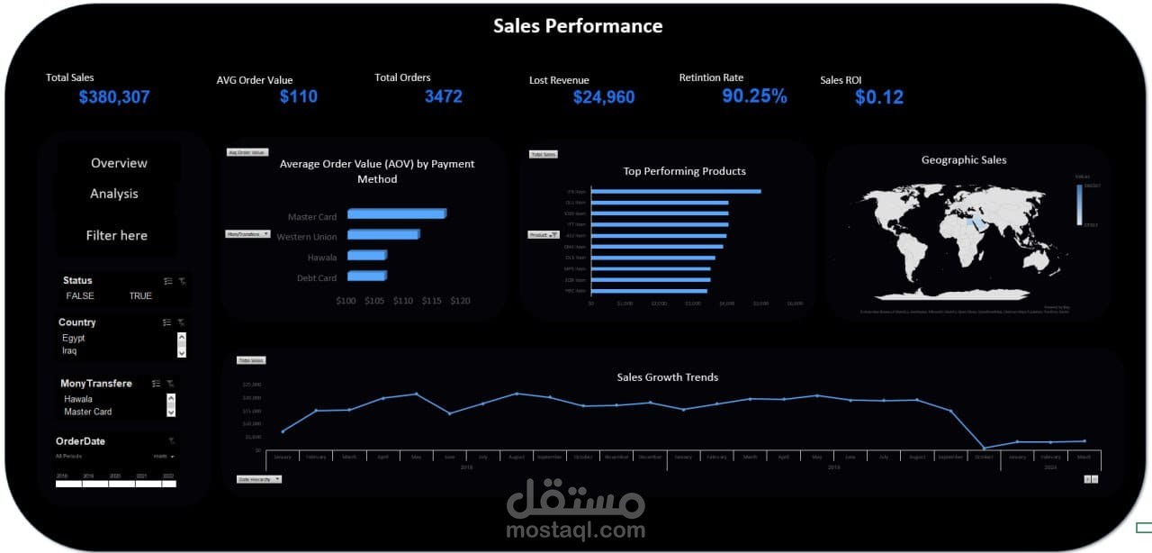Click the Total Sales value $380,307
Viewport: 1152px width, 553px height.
click(114, 97)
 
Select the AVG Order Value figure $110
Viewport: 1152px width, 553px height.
click(298, 96)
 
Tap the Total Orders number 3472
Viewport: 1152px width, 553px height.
click(443, 96)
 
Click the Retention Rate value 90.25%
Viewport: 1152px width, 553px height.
click(754, 96)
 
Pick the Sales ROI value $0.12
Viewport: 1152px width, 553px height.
click(878, 97)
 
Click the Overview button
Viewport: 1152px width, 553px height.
click(119, 163)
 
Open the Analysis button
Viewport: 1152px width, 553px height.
click(114, 194)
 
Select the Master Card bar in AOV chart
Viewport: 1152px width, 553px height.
click(396, 214)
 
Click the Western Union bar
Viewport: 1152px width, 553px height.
click(382, 235)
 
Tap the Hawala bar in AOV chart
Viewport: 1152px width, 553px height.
click(366, 256)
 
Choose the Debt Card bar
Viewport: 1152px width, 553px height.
click(365, 277)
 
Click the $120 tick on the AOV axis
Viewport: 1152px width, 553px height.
click(459, 301)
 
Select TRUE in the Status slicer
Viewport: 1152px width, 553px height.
click(140, 295)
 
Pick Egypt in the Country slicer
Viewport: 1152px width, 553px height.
click(74, 339)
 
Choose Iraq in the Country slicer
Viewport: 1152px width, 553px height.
click(70, 350)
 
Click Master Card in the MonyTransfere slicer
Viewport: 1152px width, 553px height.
click(88, 412)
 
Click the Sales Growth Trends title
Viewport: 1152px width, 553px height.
click(667, 377)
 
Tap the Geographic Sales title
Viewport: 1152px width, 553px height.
click(964, 160)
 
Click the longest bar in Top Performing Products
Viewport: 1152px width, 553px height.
click(676, 191)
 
